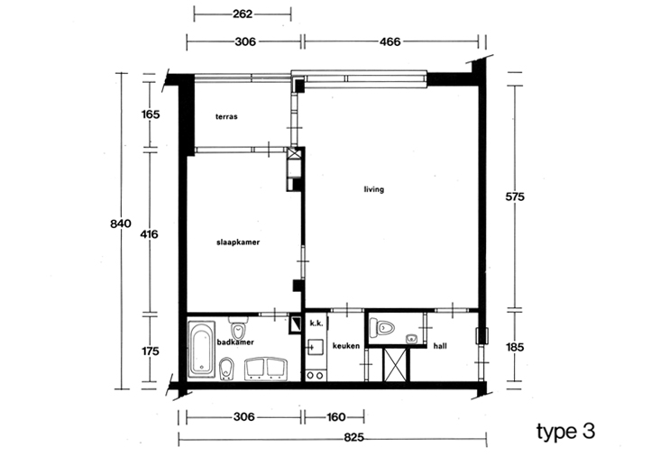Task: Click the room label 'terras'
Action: tap(226, 116)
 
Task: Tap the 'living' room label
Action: tap(373, 189)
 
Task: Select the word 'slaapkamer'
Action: tap(238, 242)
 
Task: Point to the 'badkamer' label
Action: tap(235, 342)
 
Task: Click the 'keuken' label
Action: tap(346, 346)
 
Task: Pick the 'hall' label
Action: tap(440, 346)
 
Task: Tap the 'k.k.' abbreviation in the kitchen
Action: tap(316, 324)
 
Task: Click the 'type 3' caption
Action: tap(565, 432)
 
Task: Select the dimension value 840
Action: tap(121, 223)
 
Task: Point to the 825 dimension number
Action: tap(354, 437)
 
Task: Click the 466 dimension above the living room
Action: tap(390, 41)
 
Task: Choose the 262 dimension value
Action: tap(243, 14)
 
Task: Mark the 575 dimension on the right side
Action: tap(515, 196)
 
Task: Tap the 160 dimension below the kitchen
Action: tap(336, 417)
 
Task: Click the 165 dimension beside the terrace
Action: tap(151, 114)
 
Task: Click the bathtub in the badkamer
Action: tap(201, 350)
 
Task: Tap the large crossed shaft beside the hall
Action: tap(395, 365)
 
